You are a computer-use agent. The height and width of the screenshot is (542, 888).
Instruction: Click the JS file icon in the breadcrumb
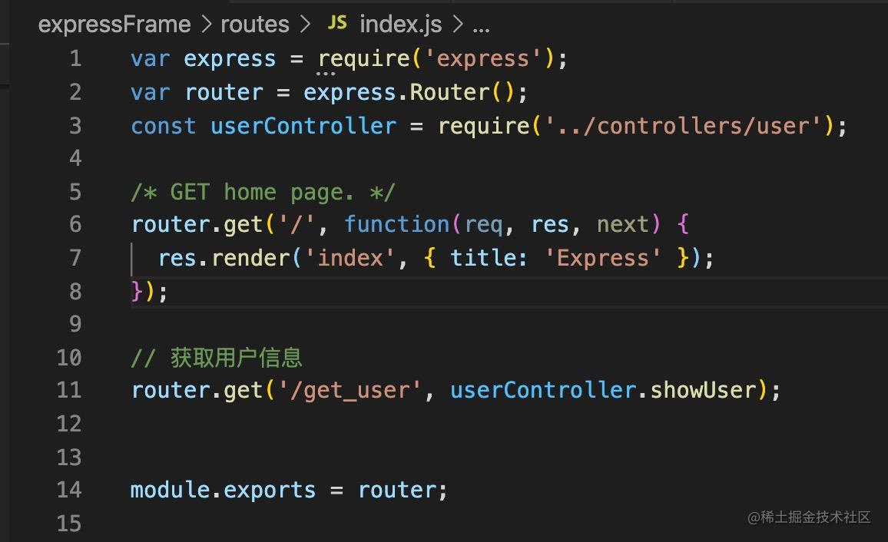(336, 24)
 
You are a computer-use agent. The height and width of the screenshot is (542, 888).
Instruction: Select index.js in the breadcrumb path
(400, 25)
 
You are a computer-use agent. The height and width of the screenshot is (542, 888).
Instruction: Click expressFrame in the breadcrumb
(114, 25)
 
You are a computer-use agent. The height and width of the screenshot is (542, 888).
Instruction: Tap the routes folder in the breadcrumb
(255, 25)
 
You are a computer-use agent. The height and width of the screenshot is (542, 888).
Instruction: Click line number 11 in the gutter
(69, 390)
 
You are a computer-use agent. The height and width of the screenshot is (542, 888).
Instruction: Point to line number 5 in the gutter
(75, 191)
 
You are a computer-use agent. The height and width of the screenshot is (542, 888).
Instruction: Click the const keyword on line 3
(163, 126)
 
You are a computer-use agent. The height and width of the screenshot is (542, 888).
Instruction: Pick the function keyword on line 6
(397, 224)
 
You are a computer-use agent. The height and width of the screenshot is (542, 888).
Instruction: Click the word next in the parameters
(623, 224)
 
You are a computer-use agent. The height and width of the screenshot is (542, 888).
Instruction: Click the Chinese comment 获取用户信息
(237, 358)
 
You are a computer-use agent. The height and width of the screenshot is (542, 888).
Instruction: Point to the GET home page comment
(263, 192)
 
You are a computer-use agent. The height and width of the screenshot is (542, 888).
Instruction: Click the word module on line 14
(170, 490)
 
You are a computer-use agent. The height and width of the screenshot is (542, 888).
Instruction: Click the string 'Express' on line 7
(602, 257)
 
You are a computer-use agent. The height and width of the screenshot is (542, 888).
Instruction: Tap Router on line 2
(449, 93)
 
